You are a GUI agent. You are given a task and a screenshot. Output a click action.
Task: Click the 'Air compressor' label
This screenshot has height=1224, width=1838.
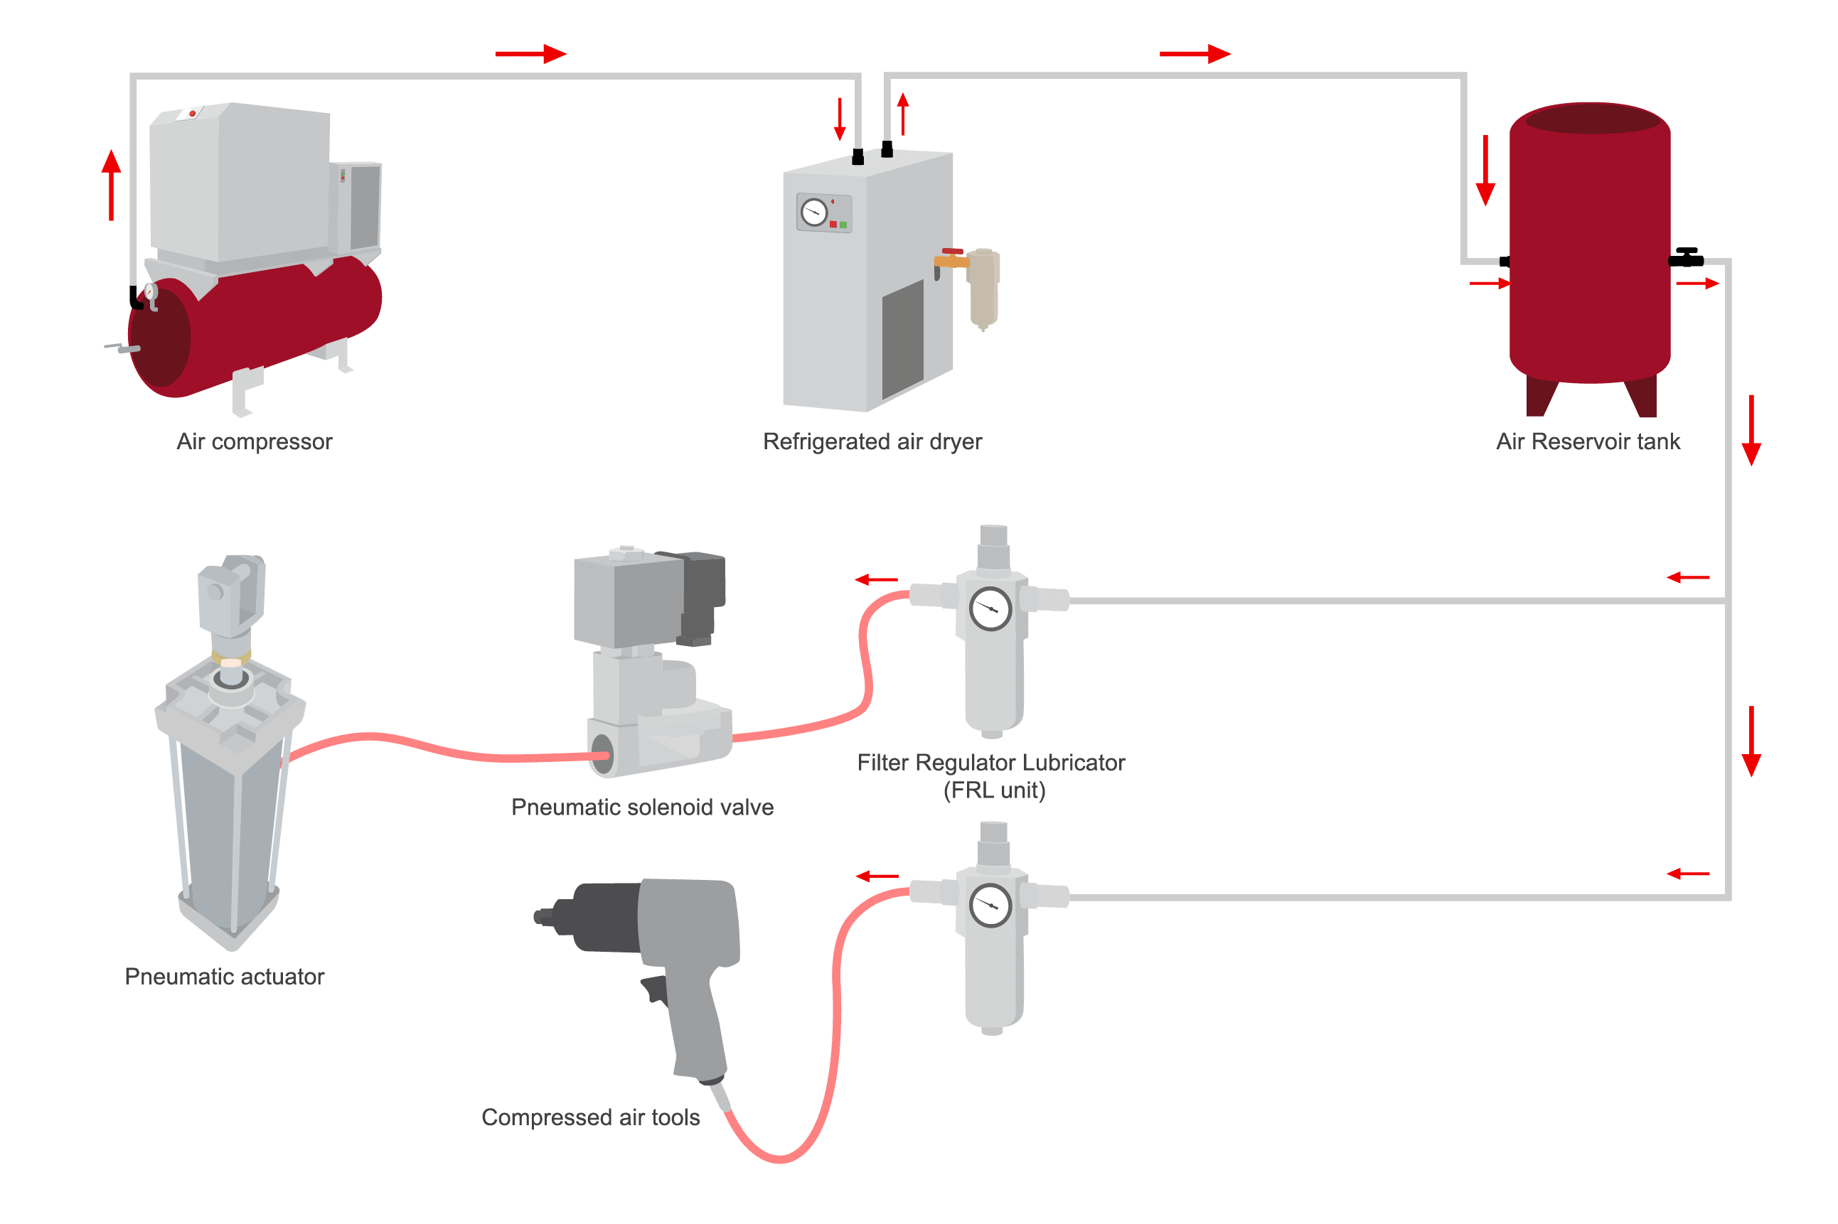(x=254, y=442)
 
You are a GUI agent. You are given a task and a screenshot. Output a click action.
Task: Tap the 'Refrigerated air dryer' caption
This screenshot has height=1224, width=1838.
(x=872, y=442)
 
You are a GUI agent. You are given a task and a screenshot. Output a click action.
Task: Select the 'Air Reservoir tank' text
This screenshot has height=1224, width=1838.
(x=1586, y=442)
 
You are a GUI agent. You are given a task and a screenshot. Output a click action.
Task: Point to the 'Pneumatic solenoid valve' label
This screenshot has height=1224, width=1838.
(x=642, y=807)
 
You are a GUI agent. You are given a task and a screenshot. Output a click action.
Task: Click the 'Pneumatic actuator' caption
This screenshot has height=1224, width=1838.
(x=224, y=977)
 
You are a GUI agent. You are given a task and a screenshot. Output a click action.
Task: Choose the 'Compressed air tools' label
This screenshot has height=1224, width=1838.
(x=590, y=1117)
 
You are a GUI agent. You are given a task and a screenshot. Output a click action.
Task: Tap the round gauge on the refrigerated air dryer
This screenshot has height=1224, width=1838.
(x=813, y=213)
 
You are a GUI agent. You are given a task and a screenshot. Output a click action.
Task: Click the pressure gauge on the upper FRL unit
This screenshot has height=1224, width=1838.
(x=990, y=609)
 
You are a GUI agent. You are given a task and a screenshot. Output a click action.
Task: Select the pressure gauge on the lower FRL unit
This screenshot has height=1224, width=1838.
(x=990, y=906)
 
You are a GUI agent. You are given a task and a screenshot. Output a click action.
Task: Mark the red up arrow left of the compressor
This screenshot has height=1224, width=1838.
(x=112, y=184)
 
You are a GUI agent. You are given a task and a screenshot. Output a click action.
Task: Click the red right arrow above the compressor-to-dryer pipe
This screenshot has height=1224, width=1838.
(x=530, y=54)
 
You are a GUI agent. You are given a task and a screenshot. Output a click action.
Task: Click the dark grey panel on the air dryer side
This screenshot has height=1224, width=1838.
(x=902, y=340)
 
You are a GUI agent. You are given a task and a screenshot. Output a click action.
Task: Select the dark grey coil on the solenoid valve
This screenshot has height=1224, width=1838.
(x=702, y=594)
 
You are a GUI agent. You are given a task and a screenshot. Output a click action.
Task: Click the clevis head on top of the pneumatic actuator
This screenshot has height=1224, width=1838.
(x=231, y=594)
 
